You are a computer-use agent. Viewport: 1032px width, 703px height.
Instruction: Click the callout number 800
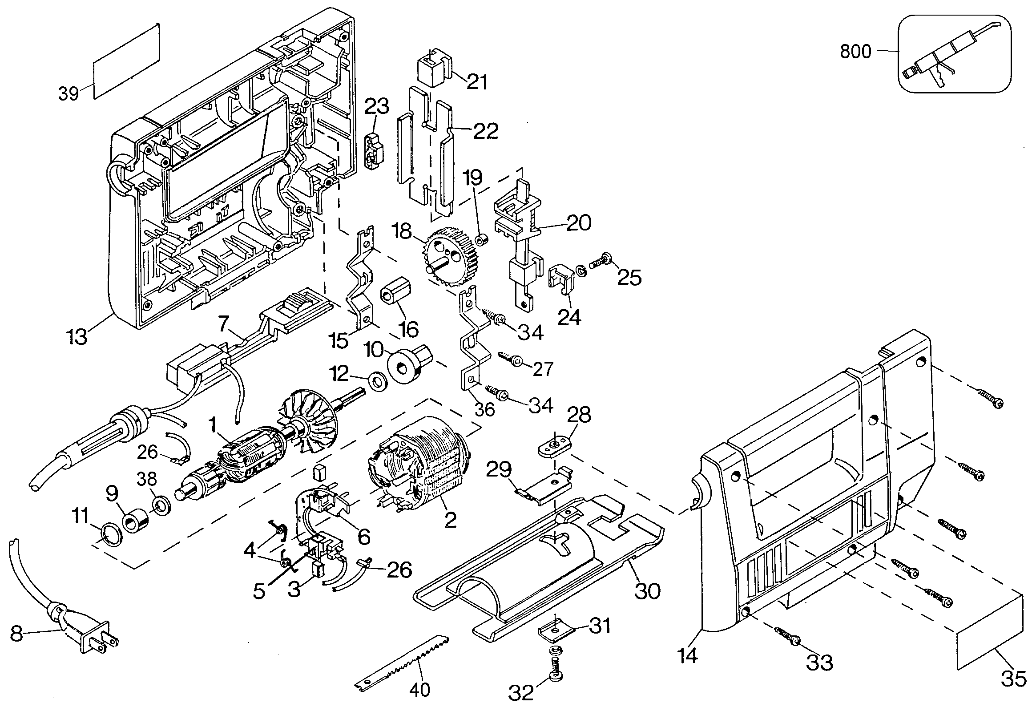pyautogui.click(x=855, y=52)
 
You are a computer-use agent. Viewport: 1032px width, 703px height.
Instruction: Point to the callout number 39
pyautogui.click(x=69, y=94)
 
